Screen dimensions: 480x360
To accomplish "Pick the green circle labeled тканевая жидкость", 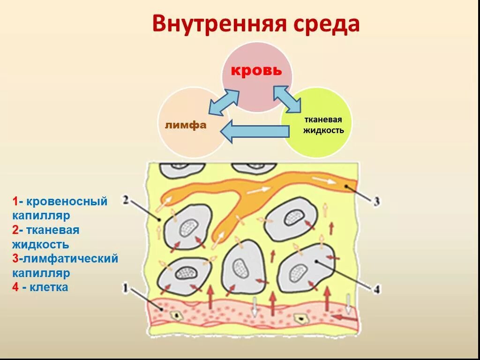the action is tap(319, 129).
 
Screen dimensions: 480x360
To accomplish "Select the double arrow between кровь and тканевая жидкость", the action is tap(287, 98).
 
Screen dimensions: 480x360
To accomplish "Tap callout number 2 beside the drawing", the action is tap(125, 200).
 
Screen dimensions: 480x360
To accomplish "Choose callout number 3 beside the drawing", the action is tap(376, 202).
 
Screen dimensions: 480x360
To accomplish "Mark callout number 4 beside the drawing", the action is tap(376, 289).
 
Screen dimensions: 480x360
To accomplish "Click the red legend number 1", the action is tap(15, 202).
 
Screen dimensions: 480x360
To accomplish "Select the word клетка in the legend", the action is tap(49, 287).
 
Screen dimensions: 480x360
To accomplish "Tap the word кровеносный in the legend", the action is tap(67, 202).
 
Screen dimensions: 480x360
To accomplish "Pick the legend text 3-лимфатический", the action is tap(65, 258).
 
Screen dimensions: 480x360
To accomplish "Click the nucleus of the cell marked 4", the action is tap(297, 271).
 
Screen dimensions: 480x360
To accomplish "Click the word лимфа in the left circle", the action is tap(186, 125).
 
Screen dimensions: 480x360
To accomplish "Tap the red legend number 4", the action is tap(16, 287).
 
